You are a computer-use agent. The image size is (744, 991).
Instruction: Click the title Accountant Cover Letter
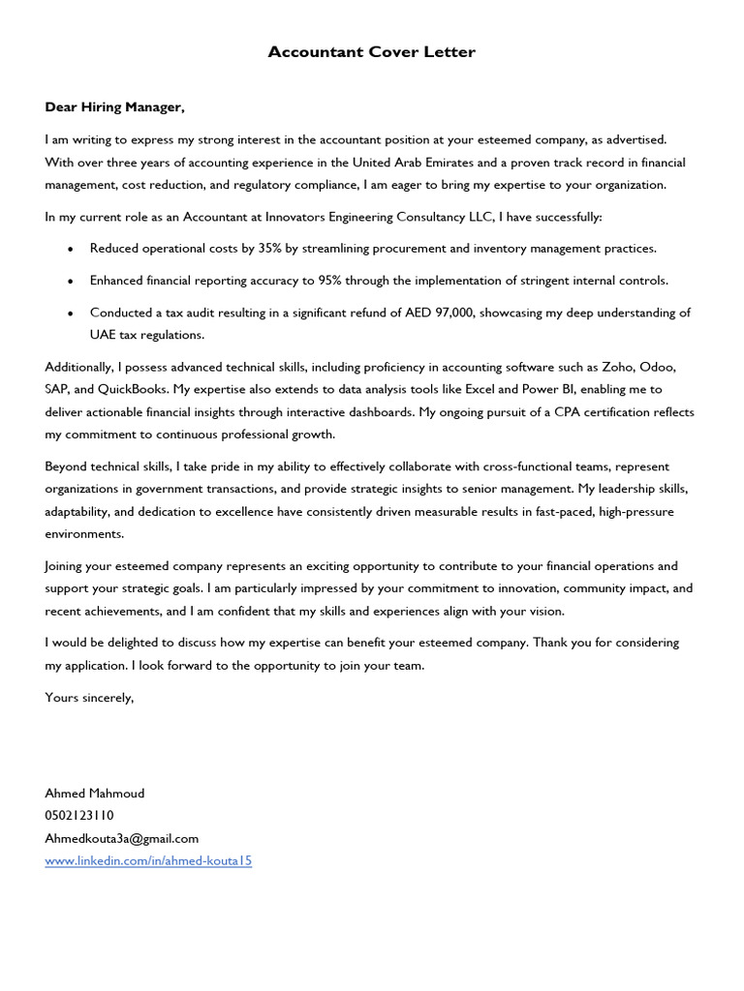coord(372,52)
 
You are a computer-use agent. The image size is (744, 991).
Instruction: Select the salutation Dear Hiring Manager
coord(114,106)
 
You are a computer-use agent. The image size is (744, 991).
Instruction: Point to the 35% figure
coord(269,249)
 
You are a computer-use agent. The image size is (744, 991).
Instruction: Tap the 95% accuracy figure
coord(331,281)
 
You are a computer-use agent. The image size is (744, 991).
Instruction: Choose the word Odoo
coord(657,368)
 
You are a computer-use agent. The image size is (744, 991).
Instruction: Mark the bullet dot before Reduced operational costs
coord(71,250)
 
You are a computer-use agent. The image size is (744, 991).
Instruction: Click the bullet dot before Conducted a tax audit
coord(71,314)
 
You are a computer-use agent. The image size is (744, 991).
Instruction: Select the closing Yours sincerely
coord(89,697)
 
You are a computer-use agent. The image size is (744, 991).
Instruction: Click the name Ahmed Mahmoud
coord(95,794)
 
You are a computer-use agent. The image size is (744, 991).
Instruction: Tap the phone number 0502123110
coord(79,816)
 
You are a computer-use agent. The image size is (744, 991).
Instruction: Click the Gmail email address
coord(122,838)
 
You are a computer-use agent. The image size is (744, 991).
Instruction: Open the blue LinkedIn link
coord(148,860)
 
